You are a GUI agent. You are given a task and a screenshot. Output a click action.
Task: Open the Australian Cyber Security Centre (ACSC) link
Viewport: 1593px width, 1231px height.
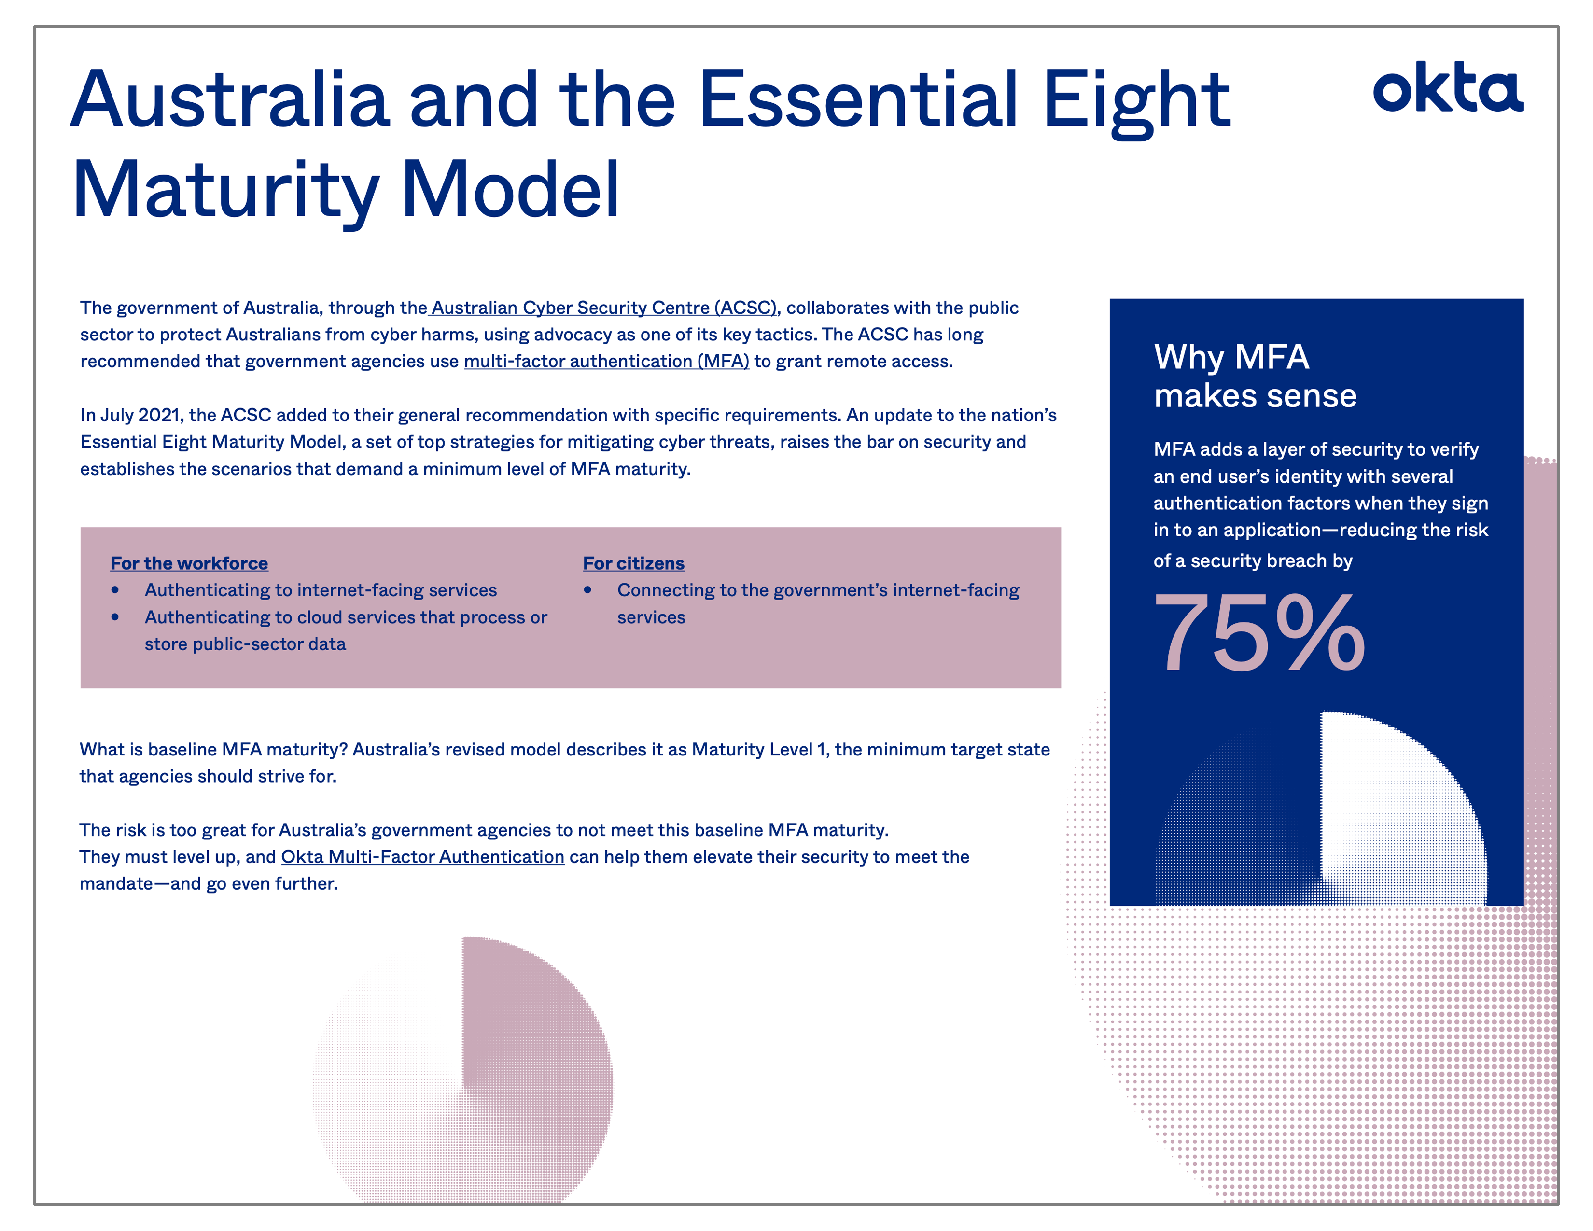tap(603, 308)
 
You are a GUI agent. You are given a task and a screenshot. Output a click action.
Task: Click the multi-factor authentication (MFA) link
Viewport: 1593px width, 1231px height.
tap(606, 361)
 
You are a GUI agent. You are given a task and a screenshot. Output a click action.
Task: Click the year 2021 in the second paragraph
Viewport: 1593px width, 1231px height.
tap(159, 415)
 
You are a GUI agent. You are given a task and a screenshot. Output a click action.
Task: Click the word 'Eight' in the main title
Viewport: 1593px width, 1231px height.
tap(1136, 101)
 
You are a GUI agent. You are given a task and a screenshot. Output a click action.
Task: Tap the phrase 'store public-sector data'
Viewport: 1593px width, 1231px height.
tap(245, 644)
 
